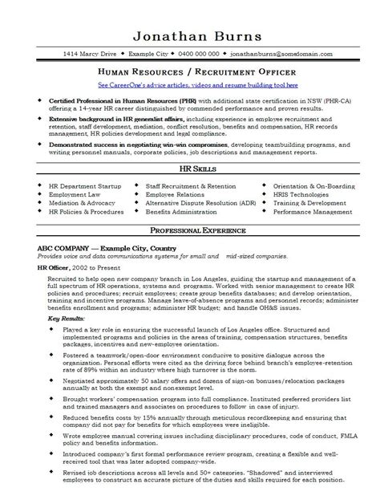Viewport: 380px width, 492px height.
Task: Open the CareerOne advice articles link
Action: [x=190, y=83]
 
